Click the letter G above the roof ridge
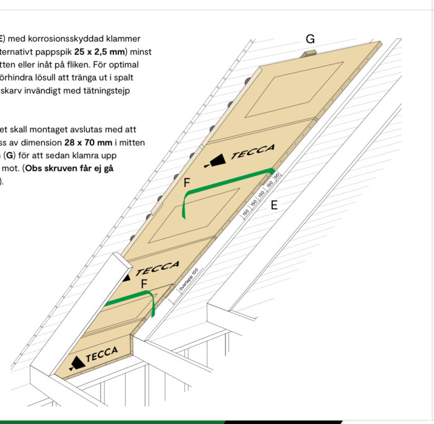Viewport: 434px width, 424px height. [x=310, y=40]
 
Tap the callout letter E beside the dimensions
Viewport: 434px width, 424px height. [x=274, y=205]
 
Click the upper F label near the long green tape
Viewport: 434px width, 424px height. [x=187, y=183]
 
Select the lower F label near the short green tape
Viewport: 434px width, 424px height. [x=144, y=284]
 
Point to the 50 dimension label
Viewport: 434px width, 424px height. [x=277, y=177]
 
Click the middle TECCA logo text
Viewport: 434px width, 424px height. [x=157, y=269]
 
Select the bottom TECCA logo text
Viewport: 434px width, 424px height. [x=102, y=355]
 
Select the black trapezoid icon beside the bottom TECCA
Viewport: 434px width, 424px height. [x=76, y=363]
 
